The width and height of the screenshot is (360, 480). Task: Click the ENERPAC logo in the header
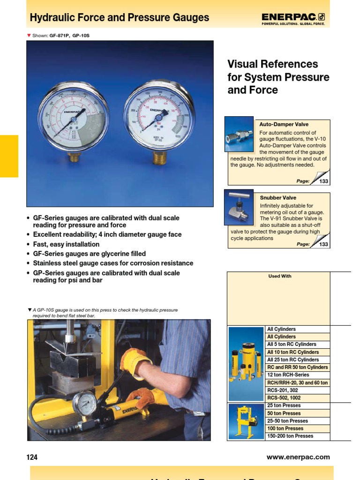pos(293,18)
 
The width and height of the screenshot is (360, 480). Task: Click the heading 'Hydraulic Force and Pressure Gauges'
pos(120,18)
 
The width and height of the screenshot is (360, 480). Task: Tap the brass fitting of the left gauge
pos(74,157)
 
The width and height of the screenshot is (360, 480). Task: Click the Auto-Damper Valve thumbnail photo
pos(239,134)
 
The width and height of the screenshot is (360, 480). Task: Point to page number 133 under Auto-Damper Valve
pos(323,181)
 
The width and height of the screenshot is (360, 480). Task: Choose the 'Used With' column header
pos(279,277)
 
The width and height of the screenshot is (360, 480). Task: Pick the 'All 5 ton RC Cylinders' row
pos(291,345)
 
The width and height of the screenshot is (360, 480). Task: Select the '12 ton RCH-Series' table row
pos(288,375)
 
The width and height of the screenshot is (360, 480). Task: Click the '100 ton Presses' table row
pos(285,428)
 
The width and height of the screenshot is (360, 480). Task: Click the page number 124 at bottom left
pos(32,457)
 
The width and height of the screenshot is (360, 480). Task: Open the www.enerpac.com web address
pos(298,457)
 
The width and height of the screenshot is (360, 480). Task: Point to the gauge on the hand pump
pos(85,404)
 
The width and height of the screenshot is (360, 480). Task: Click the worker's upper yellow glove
pos(134,361)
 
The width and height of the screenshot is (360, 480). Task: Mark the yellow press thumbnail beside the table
pos(246,421)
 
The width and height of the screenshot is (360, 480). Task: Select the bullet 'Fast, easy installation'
pos(66,244)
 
